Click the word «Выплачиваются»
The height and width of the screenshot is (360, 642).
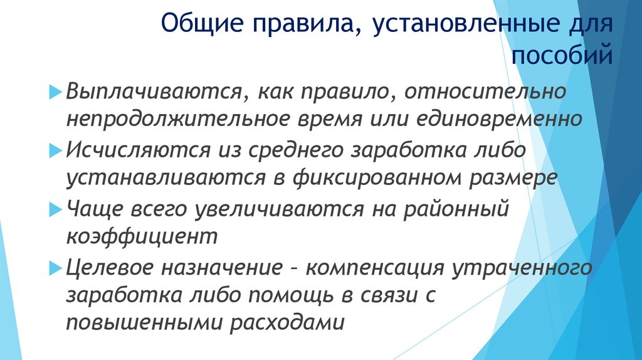[154, 92]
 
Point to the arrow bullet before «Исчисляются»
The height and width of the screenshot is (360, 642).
[53, 150]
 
